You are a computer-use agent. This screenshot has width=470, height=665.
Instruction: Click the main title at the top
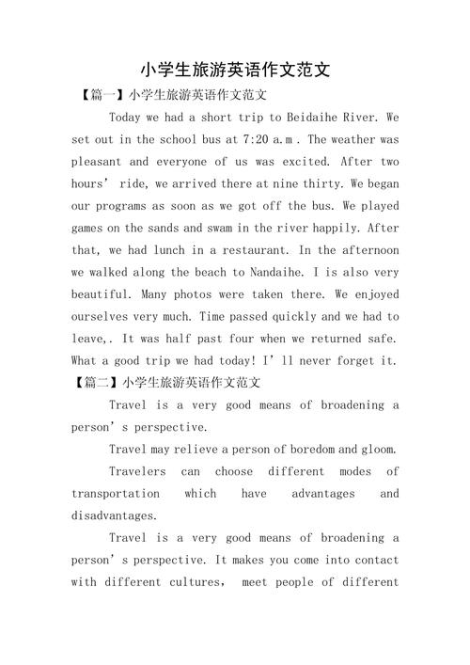(x=235, y=70)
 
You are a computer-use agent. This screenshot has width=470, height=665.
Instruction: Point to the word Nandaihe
(x=269, y=272)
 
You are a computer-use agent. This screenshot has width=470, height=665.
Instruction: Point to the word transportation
(x=116, y=493)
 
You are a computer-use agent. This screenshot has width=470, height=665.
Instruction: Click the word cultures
(x=187, y=582)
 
